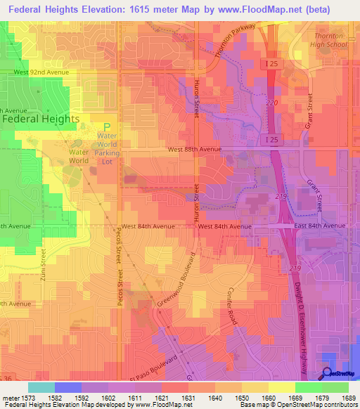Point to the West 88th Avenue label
pos(194,149)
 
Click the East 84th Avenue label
pos(320,226)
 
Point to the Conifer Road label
pos(233,306)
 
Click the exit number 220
pos(272,103)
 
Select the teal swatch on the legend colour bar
pos(41,387)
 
